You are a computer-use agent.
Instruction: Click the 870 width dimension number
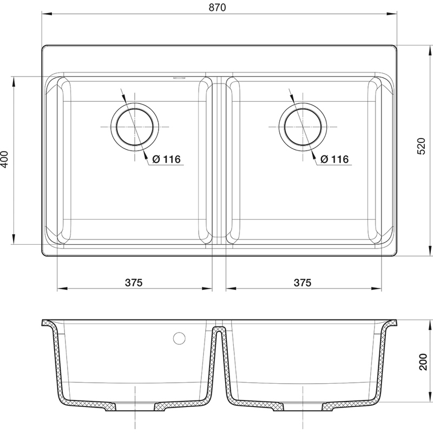pyautogui.click(x=217, y=8)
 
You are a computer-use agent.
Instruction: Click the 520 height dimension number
pyautogui.click(x=422, y=146)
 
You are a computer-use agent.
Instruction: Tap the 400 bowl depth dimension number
pyautogui.click(x=5, y=159)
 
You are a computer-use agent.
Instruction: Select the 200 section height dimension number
pyautogui.click(x=423, y=362)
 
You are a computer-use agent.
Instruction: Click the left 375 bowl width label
pyautogui.click(x=134, y=283)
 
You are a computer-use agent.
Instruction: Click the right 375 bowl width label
pyautogui.click(x=303, y=283)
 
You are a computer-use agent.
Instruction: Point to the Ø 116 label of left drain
pyautogui.click(x=167, y=159)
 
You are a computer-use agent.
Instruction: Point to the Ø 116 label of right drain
pyautogui.click(x=334, y=159)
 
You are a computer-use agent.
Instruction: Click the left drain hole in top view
pyautogui.click(x=135, y=127)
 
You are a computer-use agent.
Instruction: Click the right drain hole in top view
pyautogui.click(x=303, y=127)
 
